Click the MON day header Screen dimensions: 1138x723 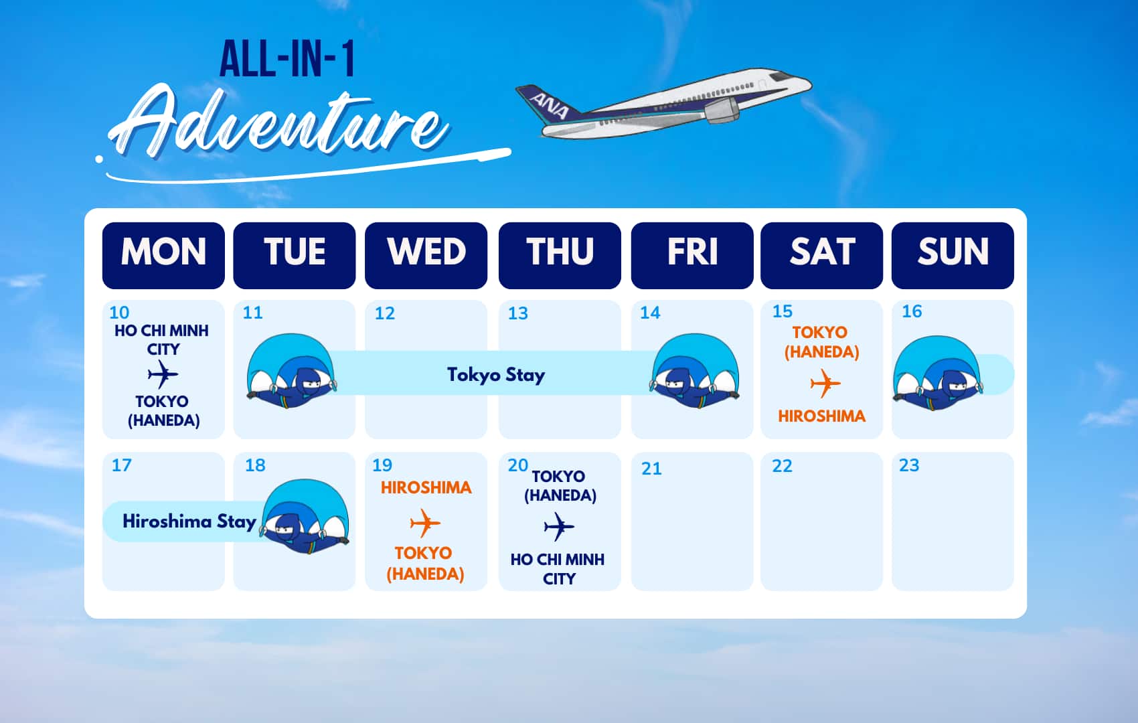(x=163, y=256)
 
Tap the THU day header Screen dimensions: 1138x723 (x=560, y=256)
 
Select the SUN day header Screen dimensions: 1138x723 (x=953, y=256)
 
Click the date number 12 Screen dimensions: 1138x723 (x=385, y=313)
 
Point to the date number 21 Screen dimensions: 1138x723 (x=651, y=469)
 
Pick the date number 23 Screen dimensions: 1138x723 (x=909, y=465)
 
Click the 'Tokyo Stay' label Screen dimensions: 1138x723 (x=496, y=375)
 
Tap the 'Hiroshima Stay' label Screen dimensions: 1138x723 (x=189, y=521)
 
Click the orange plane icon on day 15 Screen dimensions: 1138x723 (x=825, y=384)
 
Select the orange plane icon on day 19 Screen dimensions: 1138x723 (x=425, y=523)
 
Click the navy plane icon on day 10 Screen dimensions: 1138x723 (x=163, y=374)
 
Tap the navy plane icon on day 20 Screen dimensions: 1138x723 (x=559, y=527)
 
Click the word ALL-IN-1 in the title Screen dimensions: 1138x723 (x=287, y=60)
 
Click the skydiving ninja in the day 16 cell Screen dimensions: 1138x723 (x=938, y=373)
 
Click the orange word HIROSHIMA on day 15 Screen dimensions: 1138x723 (x=821, y=416)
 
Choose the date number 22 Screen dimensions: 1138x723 (x=782, y=466)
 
